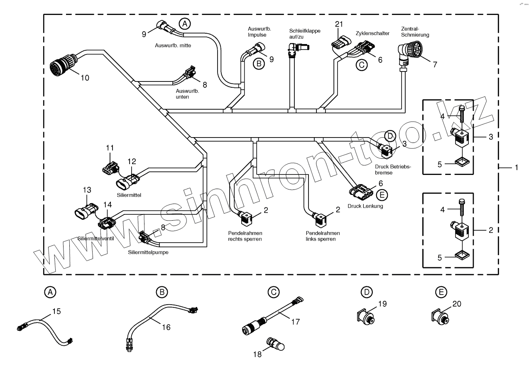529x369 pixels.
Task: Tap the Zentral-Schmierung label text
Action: coord(415,32)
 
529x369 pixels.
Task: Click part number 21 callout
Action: coord(339,24)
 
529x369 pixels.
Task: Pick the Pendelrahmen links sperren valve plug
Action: coord(321,219)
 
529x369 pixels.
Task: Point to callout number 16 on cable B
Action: coord(166,327)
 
